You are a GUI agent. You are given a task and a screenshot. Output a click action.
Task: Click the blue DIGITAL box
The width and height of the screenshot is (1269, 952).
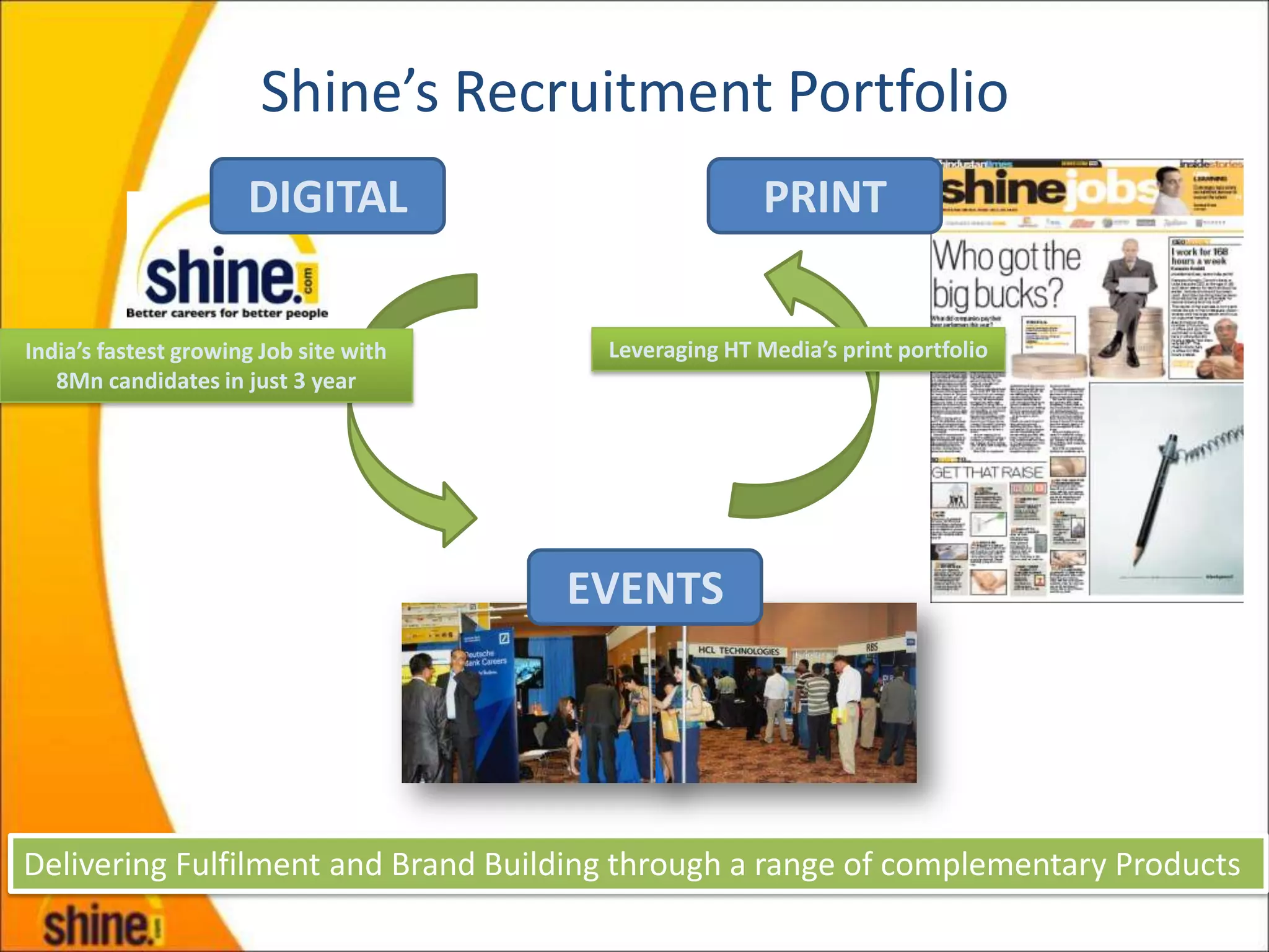[x=328, y=196]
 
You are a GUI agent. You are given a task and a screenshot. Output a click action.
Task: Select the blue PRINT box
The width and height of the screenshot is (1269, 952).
[x=824, y=196]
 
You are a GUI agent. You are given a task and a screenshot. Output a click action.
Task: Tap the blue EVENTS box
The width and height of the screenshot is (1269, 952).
[x=645, y=587]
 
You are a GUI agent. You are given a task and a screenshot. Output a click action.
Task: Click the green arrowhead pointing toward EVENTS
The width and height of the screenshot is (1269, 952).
[x=456, y=514]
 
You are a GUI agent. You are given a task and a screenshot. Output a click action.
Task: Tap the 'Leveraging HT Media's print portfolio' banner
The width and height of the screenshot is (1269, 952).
[x=797, y=350]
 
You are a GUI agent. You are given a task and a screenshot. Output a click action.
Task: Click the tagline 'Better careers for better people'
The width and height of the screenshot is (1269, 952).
[x=227, y=314]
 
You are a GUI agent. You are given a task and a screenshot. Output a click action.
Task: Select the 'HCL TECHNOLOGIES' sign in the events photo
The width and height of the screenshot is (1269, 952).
[x=739, y=650]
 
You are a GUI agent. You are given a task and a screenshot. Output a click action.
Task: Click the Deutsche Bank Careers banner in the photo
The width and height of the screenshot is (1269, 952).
[x=487, y=657]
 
